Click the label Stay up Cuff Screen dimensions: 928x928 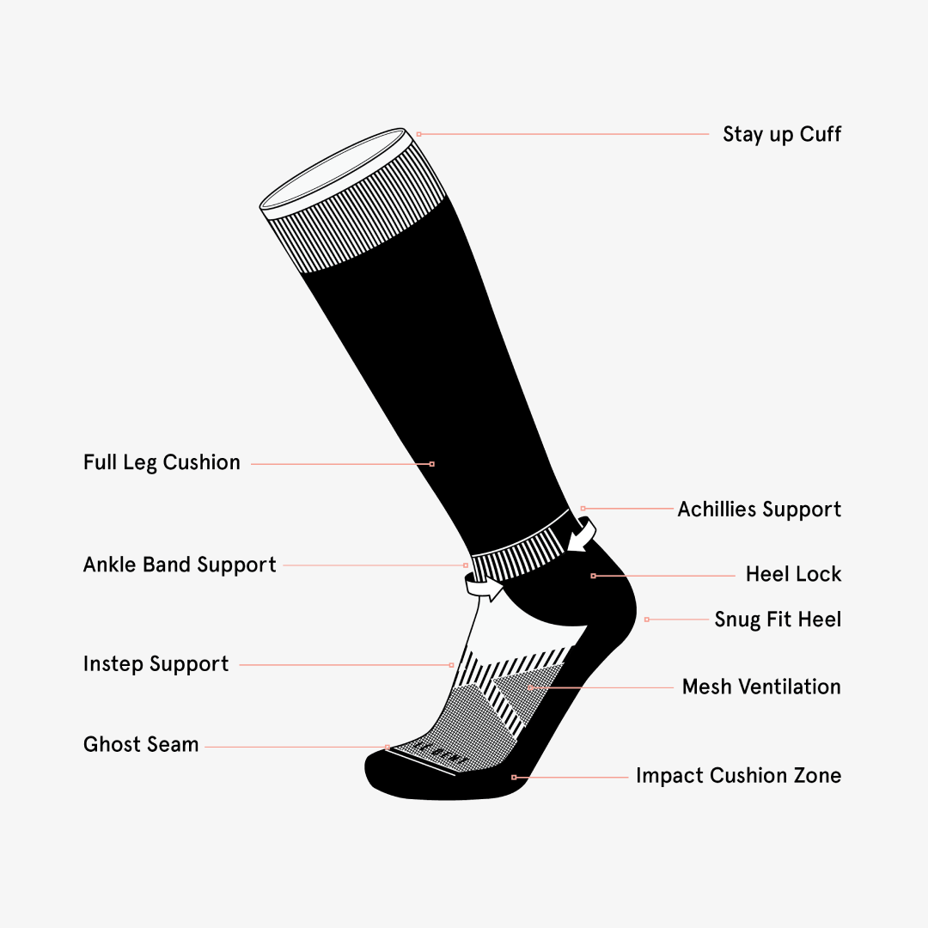[781, 134]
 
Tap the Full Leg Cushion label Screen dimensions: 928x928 [162, 463]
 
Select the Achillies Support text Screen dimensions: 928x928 [760, 510]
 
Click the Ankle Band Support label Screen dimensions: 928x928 [180, 565]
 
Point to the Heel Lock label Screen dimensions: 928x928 [793, 574]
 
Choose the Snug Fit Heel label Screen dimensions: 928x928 [778, 620]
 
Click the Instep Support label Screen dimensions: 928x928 [156, 664]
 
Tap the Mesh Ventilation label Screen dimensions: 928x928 [761, 687]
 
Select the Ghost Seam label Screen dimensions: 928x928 [141, 744]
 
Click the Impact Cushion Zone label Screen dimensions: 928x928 [739, 775]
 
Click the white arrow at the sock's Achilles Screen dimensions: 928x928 [581, 535]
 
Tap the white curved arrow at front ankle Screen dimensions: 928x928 [484, 589]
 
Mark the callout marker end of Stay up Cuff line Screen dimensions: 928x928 [419, 134]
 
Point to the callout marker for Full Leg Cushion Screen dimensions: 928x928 [432, 464]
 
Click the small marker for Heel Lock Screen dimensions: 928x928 [593, 576]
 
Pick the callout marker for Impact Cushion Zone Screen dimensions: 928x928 [514, 777]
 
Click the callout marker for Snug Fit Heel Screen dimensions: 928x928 [647, 620]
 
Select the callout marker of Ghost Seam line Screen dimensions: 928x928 [388, 747]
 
